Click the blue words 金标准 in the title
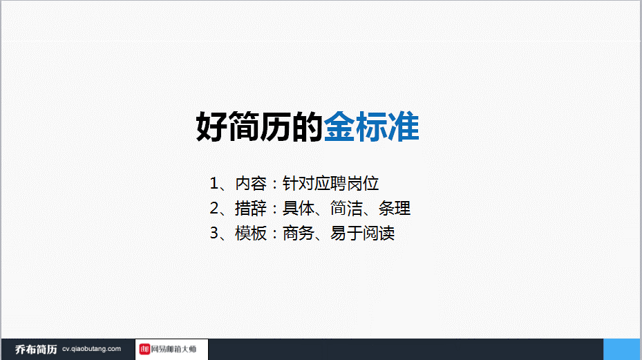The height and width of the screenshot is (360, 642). (x=371, y=126)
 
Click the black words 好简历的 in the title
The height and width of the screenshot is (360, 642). (x=260, y=126)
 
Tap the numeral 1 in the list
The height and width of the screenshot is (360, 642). (x=214, y=184)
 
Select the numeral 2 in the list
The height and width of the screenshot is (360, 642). (x=214, y=209)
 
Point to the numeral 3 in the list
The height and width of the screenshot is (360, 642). (x=214, y=234)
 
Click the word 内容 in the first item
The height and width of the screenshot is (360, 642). (x=251, y=184)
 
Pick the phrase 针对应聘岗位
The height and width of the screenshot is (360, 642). (x=330, y=184)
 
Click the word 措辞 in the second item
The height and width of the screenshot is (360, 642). (x=251, y=209)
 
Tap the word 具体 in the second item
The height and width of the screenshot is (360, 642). (x=299, y=209)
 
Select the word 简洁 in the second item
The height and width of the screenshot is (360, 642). (x=346, y=209)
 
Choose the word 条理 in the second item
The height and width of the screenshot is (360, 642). (x=395, y=209)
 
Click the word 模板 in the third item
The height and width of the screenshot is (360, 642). (x=251, y=234)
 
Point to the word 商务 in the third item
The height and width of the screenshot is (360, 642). (x=299, y=234)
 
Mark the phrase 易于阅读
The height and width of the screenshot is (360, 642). (x=362, y=234)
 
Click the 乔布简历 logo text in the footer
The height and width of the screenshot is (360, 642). (x=36, y=350)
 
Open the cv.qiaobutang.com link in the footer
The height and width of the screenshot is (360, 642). (x=91, y=349)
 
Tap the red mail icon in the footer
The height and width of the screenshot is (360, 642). (x=144, y=349)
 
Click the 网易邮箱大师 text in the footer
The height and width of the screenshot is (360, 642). (x=173, y=350)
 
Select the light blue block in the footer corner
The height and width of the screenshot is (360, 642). (x=623, y=350)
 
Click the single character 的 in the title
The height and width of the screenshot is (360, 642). (x=307, y=126)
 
